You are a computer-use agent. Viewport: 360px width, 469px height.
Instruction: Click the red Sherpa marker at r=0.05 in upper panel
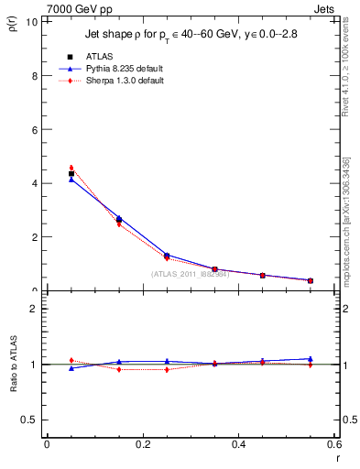point(71,168)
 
